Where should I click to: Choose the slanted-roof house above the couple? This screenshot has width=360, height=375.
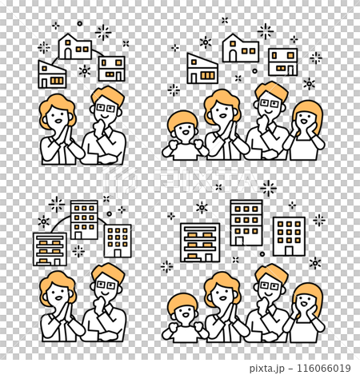(52, 74)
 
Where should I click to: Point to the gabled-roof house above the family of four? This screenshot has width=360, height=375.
(241, 48)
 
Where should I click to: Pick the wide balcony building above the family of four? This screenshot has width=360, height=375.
(200, 241)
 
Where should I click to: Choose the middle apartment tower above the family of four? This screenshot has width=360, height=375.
(246, 221)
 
